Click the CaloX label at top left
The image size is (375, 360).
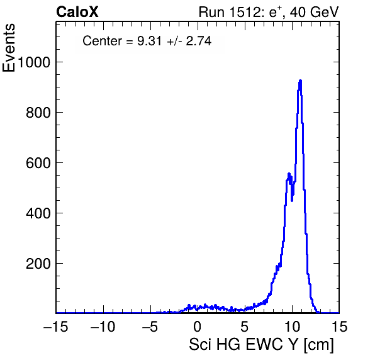(x=77, y=12)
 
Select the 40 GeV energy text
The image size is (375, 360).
(x=315, y=12)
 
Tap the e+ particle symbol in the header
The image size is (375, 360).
(x=276, y=12)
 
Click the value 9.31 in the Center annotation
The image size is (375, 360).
(x=149, y=41)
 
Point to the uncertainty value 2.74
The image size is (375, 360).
(x=199, y=41)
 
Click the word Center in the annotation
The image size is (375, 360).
(x=103, y=41)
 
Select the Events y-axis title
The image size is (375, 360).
(x=9, y=48)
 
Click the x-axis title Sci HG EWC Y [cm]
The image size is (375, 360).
(x=261, y=344)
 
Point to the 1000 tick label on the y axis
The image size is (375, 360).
(x=34, y=62)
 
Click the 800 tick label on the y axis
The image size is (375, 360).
(x=38, y=113)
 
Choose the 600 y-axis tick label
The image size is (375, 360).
(x=38, y=163)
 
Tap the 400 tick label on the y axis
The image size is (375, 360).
(x=38, y=213)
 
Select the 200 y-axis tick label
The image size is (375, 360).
(x=38, y=264)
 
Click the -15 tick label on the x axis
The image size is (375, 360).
(x=56, y=326)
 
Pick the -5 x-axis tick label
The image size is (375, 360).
(x=150, y=326)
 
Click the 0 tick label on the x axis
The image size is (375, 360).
(x=198, y=326)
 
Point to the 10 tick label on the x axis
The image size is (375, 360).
(x=292, y=326)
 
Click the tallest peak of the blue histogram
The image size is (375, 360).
(x=300, y=81)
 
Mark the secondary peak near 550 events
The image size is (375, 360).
(x=289, y=174)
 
